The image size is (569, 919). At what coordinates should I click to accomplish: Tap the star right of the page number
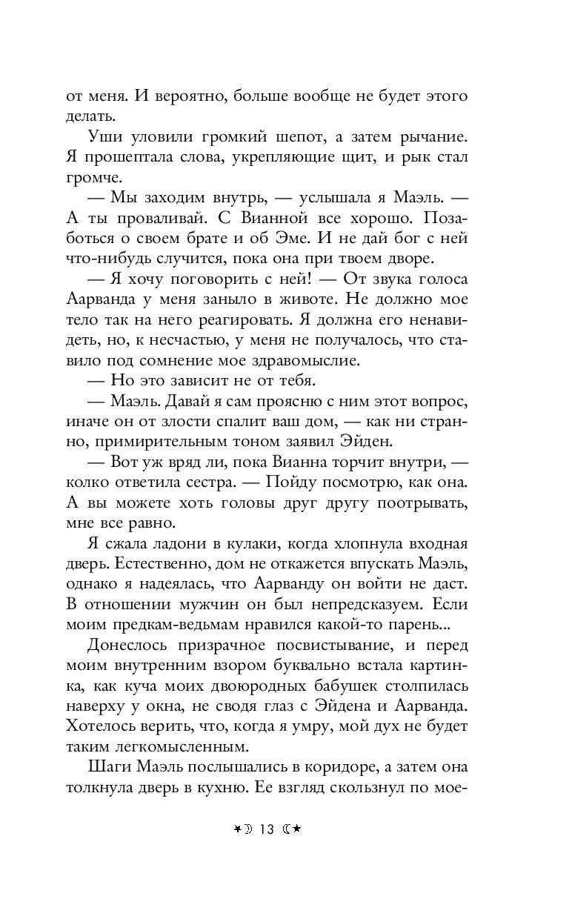(296, 829)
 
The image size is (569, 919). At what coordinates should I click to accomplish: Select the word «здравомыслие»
(307, 361)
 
